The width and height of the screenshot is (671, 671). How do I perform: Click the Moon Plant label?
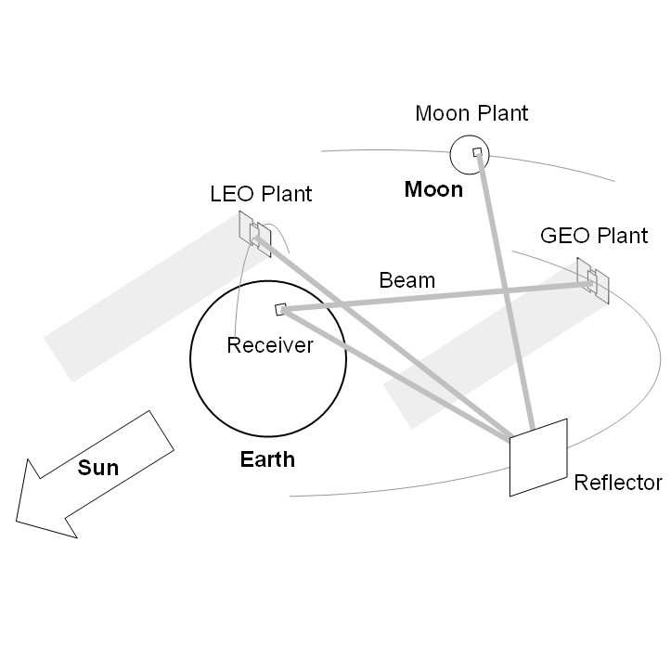tap(471, 114)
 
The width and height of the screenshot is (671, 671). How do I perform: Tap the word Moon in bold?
tap(433, 190)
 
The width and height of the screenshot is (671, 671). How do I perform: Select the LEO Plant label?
tap(261, 194)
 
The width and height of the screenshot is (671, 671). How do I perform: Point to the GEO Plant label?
tap(593, 236)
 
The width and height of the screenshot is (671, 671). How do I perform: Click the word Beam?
tap(406, 279)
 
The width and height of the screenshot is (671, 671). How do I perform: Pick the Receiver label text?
tap(270, 346)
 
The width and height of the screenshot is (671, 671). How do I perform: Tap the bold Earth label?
tap(267, 458)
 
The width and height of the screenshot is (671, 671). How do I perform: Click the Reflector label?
tap(618, 483)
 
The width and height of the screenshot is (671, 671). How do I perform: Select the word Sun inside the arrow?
tap(97, 467)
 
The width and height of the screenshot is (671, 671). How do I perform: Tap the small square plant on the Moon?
tap(477, 152)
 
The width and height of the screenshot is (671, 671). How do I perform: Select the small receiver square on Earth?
tap(280, 309)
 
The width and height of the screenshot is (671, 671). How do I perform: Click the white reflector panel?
tap(538, 457)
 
